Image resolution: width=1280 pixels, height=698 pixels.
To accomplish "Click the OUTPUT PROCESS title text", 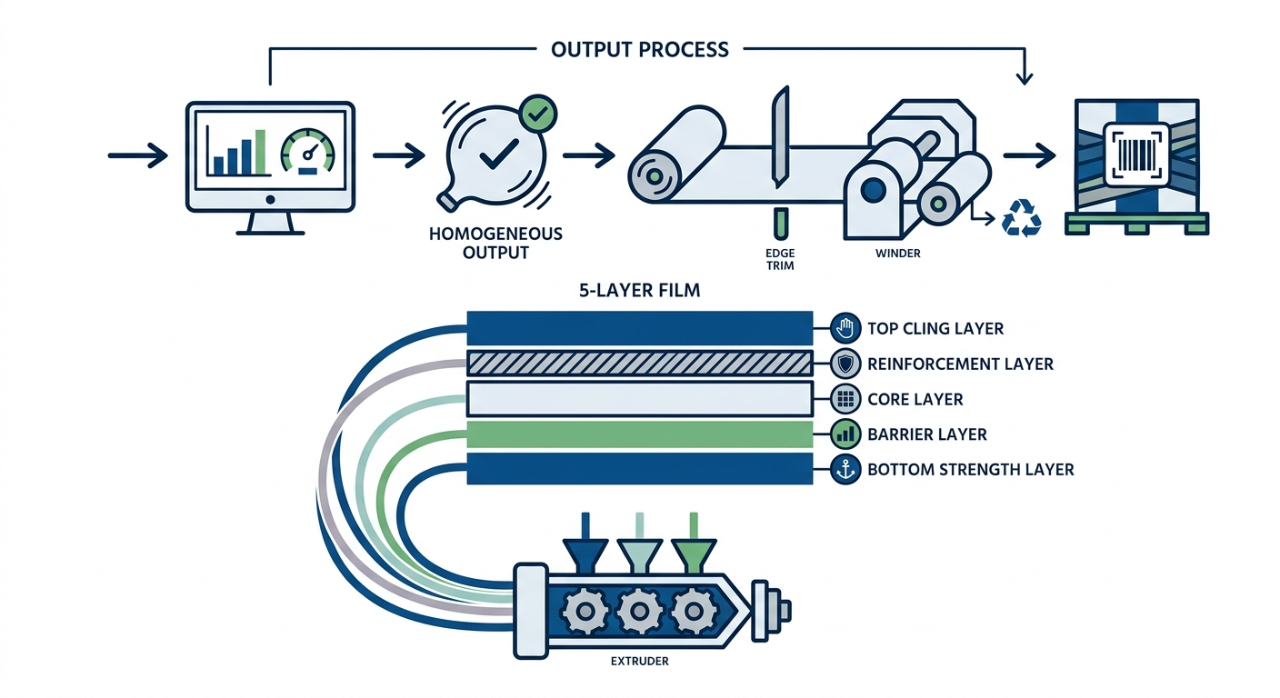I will (x=640, y=49).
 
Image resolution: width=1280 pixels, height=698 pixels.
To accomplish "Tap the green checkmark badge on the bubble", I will (x=536, y=115).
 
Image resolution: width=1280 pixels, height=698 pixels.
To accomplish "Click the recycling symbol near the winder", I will (x=1020, y=219).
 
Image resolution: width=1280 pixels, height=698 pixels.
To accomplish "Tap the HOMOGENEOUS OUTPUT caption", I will (x=495, y=243).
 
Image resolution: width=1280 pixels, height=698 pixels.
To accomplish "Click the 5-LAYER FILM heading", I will (x=639, y=293).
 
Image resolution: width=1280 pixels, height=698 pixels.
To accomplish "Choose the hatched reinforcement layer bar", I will (x=639, y=364).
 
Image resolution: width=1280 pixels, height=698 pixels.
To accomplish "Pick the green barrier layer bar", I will (x=639, y=434).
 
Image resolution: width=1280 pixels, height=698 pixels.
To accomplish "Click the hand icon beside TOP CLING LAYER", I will (x=845, y=328).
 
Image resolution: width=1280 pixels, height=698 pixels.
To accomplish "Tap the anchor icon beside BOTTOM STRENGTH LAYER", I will (x=845, y=470).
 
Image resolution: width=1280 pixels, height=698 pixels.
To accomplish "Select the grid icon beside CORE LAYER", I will (x=845, y=399).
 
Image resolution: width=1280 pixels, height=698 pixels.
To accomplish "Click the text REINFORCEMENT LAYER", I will (x=960, y=364).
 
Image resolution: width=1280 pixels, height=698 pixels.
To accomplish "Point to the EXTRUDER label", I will (x=640, y=661).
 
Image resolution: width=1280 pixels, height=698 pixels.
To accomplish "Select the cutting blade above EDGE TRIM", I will (x=780, y=137).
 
